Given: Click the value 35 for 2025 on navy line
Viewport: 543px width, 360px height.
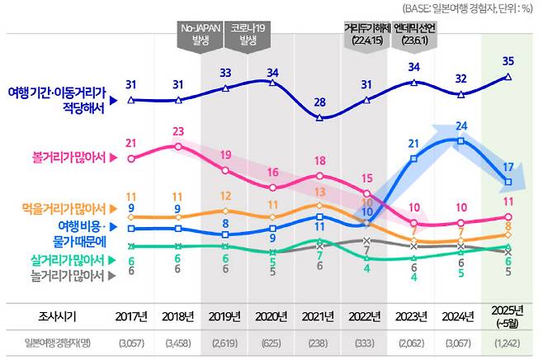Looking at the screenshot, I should [509, 60].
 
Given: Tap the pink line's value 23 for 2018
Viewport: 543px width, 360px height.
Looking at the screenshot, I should [179, 130].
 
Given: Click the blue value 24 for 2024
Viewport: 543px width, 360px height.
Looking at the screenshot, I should [462, 126].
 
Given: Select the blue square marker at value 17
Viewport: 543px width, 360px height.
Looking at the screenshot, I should [509, 182].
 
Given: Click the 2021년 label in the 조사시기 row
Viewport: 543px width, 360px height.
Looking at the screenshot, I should [319, 316].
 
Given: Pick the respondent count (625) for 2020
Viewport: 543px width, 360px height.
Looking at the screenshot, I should [272, 342].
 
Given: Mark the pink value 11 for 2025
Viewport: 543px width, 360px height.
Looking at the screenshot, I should [509, 202].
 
